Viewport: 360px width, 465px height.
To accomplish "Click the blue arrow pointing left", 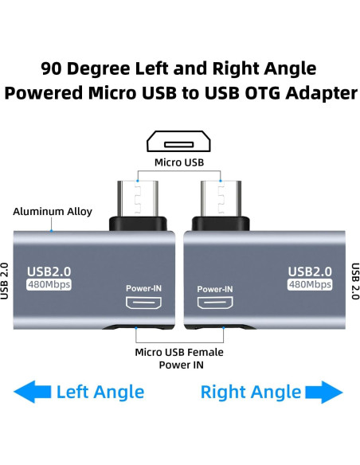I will pos(33,391).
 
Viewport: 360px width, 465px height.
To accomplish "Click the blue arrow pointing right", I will pos(324,391).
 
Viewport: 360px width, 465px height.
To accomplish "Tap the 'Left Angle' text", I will pos(100,392).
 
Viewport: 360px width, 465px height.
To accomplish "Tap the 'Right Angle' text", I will pos(251,392).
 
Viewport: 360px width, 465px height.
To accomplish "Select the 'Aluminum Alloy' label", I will pos(53,212).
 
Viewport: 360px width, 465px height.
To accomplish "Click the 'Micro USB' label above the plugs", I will pos(180,163).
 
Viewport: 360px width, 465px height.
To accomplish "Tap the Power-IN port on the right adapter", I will pos(214,303).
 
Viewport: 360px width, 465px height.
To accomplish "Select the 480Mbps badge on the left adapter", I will pos(49,285).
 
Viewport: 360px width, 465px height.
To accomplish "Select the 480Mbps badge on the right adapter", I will pos(310,285).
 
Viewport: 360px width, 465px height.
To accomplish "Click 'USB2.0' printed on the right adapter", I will pos(310,271).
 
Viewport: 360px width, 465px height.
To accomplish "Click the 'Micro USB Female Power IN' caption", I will pos(179,358).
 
